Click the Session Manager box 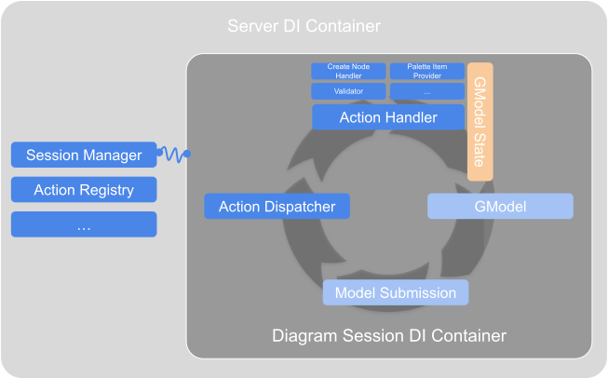(84, 155)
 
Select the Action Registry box (84, 190)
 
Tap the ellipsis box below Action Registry (84, 224)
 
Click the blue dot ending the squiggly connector (187, 154)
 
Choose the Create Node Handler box (348, 71)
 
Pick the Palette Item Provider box (426, 71)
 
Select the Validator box (348, 92)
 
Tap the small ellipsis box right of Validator (426, 92)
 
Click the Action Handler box (387, 117)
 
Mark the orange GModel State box (480, 122)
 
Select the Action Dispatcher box (277, 206)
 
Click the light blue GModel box (500, 206)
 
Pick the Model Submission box (396, 292)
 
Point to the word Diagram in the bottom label (302, 334)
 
